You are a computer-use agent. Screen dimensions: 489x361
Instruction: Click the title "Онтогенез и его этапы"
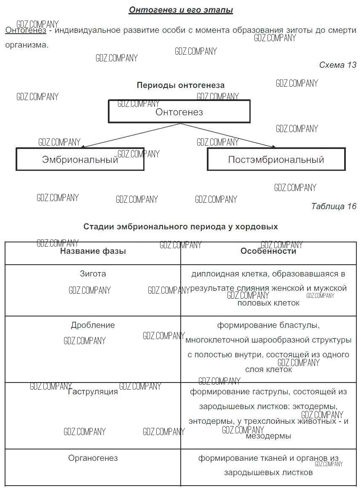pyautogui.click(x=181, y=10)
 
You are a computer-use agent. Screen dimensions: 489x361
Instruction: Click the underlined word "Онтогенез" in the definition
pyautogui.click(x=26, y=30)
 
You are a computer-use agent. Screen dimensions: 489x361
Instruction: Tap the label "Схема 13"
pyautogui.click(x=337, y=65)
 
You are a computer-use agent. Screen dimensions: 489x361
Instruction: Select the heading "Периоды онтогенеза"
pyautogui.click(x=180, y=85)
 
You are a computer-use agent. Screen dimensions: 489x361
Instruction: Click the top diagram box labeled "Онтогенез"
pyautogui.click(x=179, y=112)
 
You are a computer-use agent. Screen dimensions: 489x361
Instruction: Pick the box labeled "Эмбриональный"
pyautogui.click(x=80, y=159)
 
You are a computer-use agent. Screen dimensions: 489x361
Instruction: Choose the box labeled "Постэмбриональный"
pyautogui.click(x=276, y=159)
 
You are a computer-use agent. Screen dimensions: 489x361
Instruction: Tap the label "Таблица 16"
pyautogui.click(x=334, y=206)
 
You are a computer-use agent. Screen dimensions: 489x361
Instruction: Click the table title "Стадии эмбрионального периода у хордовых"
pyautogui.click(x=180, y=226)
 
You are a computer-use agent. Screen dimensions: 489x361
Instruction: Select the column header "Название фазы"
pyautogui.click(x=93, y=251)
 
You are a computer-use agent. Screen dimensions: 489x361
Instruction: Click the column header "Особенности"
pyautogui.click(x=268, y=251)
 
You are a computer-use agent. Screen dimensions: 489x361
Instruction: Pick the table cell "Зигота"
pyautogui.click(x=93, y=274)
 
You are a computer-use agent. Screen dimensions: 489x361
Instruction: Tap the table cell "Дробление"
pyautogui.click(x=93, y=325)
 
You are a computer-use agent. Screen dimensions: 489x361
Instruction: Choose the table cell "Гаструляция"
pyautogui.click(x=93, y=392)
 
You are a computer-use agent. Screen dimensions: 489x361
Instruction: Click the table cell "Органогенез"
pyautogui.click(x=93, y=458)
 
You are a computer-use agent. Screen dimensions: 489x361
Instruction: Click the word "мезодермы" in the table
pyautogui.click(x=268, y=436)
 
